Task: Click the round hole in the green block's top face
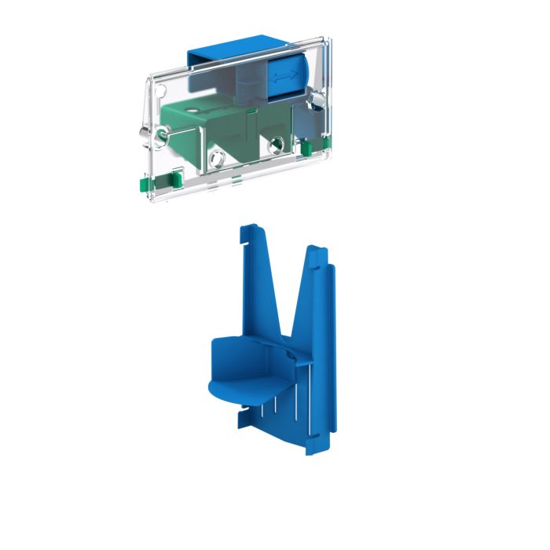tap(193, 113)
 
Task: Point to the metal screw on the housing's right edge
tap(317, 99)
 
